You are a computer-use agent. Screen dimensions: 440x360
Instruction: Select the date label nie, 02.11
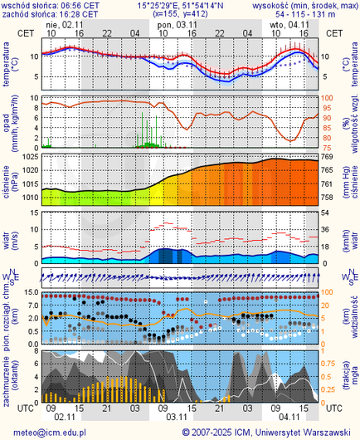tap(66, 25)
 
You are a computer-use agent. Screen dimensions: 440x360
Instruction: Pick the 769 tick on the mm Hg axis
tap(327, 157)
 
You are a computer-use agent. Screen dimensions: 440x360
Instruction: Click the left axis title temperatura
tap(7, 66)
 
